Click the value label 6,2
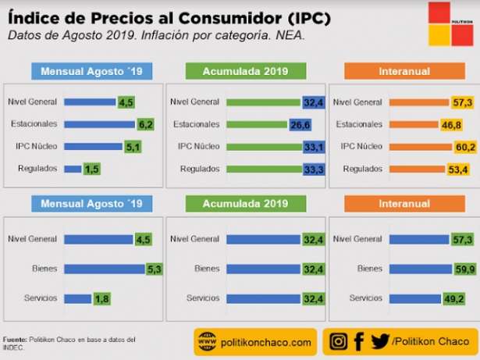(x=145, y=123)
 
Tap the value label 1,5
(x=92, y=169)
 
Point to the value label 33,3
(x=314, y=169)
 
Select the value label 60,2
(x=465, y=146)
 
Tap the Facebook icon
(x=359, y=341)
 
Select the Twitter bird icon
(x=380, y=341)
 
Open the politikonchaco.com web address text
(x=266, y=342)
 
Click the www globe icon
(x=207, y=341)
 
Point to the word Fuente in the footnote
(x=14, y=339)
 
